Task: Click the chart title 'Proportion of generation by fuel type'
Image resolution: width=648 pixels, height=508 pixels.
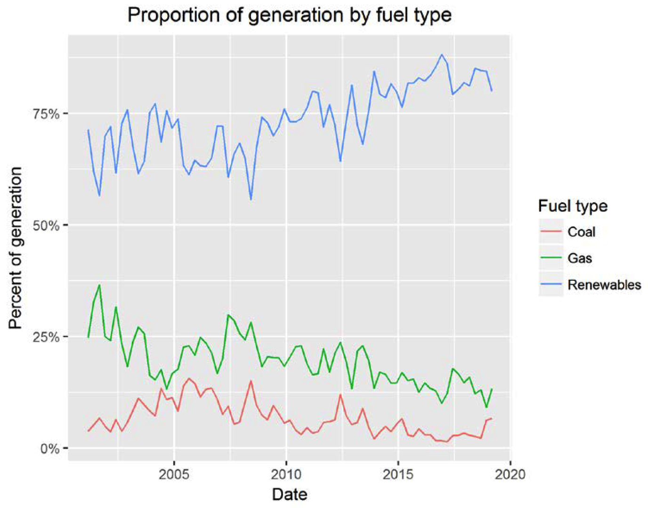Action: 289,16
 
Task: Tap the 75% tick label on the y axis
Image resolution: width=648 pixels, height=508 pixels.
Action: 47,114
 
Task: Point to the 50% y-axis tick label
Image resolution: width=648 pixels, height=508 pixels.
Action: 47,226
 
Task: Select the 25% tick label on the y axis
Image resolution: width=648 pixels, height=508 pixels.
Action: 47,337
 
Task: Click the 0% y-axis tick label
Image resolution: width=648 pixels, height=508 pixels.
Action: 50,449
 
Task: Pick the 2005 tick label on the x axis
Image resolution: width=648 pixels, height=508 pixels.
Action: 174,474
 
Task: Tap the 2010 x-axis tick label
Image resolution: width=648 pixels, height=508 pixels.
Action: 286,474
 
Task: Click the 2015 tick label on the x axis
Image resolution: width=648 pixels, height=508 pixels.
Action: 398,474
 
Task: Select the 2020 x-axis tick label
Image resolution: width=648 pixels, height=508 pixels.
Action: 510,474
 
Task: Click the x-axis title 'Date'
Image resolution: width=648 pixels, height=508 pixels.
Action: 289,494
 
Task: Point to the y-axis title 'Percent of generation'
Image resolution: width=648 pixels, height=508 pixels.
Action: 16,248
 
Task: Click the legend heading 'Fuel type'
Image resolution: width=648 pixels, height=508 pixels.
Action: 573,206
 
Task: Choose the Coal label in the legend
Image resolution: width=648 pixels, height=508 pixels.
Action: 581,232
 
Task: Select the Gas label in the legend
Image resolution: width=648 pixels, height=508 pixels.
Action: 579,258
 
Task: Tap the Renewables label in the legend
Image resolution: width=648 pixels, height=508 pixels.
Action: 604,285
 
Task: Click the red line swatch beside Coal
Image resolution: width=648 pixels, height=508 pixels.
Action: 551,232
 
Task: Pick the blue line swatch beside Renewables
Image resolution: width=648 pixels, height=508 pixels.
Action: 551,285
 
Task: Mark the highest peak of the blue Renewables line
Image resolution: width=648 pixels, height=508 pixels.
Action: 442,55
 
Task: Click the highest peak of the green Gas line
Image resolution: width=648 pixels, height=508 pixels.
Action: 99,285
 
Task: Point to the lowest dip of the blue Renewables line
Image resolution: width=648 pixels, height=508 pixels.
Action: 251,199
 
